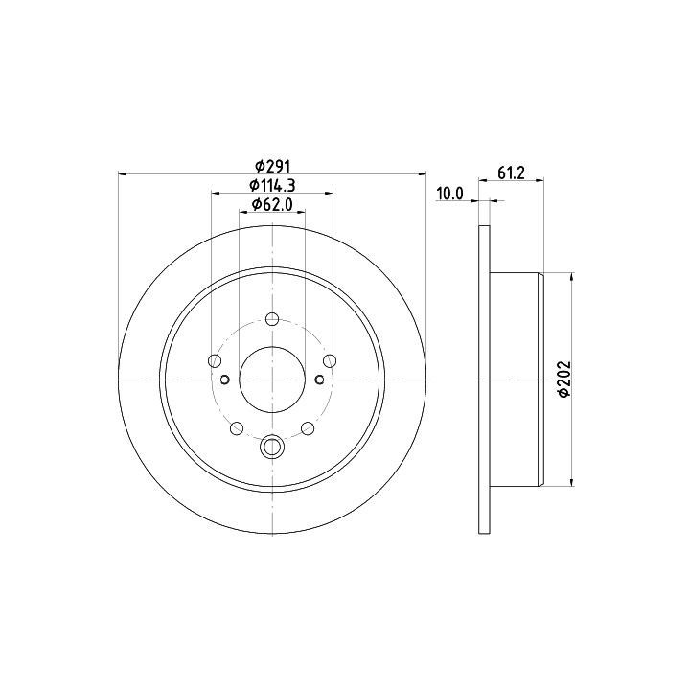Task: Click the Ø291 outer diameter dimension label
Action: click(x=273, y=167)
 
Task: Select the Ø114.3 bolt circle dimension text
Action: click(x=272, y=185)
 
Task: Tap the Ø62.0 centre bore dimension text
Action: click(x=272, y=204)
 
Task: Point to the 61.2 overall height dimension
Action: click(x=512, y=172)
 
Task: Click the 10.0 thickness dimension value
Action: click(x=449, y=194)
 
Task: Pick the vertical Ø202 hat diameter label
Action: click(x=563, y=379)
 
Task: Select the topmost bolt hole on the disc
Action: click(x=272, y=318)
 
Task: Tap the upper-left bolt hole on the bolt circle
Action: click(x=215, y=361)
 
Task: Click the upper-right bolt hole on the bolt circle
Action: click(x=330, y=361)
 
